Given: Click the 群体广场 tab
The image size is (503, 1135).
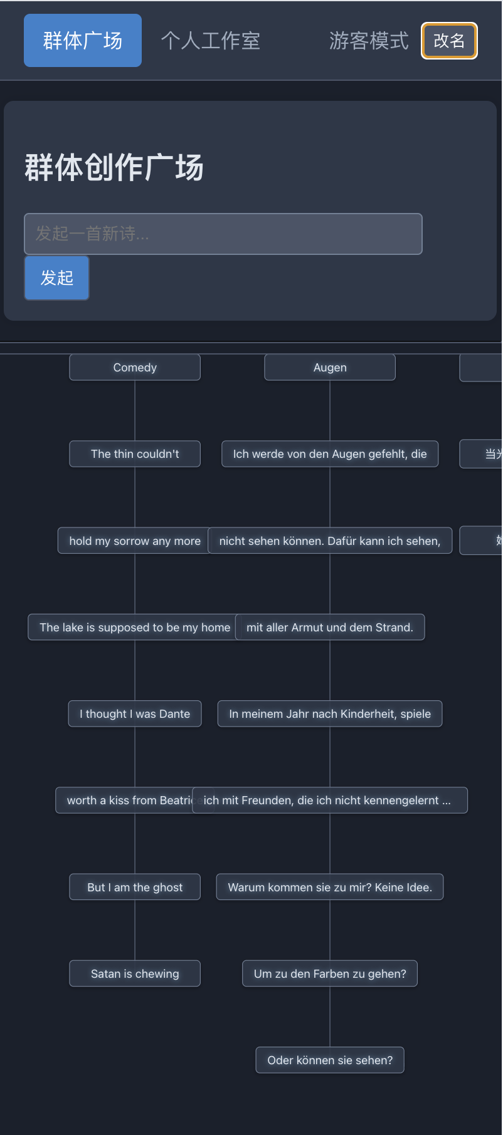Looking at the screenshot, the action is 83,41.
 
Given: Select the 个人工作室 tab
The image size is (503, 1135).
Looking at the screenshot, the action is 210,41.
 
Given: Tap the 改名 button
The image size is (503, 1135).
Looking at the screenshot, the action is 449,41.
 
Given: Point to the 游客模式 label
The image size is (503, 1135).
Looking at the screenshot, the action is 369,41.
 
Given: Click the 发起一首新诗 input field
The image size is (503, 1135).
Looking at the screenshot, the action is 223,234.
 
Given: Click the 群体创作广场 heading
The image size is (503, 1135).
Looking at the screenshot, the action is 114,168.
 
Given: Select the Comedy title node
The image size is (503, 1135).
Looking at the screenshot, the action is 135,368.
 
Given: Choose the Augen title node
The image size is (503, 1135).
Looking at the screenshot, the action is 330,368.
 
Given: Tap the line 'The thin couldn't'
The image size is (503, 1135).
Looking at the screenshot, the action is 135,454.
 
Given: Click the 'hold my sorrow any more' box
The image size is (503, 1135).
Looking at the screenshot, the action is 134,541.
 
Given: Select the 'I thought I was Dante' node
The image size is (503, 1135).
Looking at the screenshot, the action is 135,714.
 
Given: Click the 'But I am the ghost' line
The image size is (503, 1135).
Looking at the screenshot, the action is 135,888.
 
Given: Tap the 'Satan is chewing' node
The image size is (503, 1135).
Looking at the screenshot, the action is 135,974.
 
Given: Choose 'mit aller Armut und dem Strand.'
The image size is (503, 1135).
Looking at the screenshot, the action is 330,628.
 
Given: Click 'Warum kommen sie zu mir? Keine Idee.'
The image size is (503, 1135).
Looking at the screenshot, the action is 330,888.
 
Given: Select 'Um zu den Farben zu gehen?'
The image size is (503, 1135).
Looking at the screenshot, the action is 330,974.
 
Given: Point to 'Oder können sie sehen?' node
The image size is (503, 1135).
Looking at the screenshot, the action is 330,1060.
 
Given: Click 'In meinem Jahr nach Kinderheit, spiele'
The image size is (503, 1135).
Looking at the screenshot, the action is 330,714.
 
